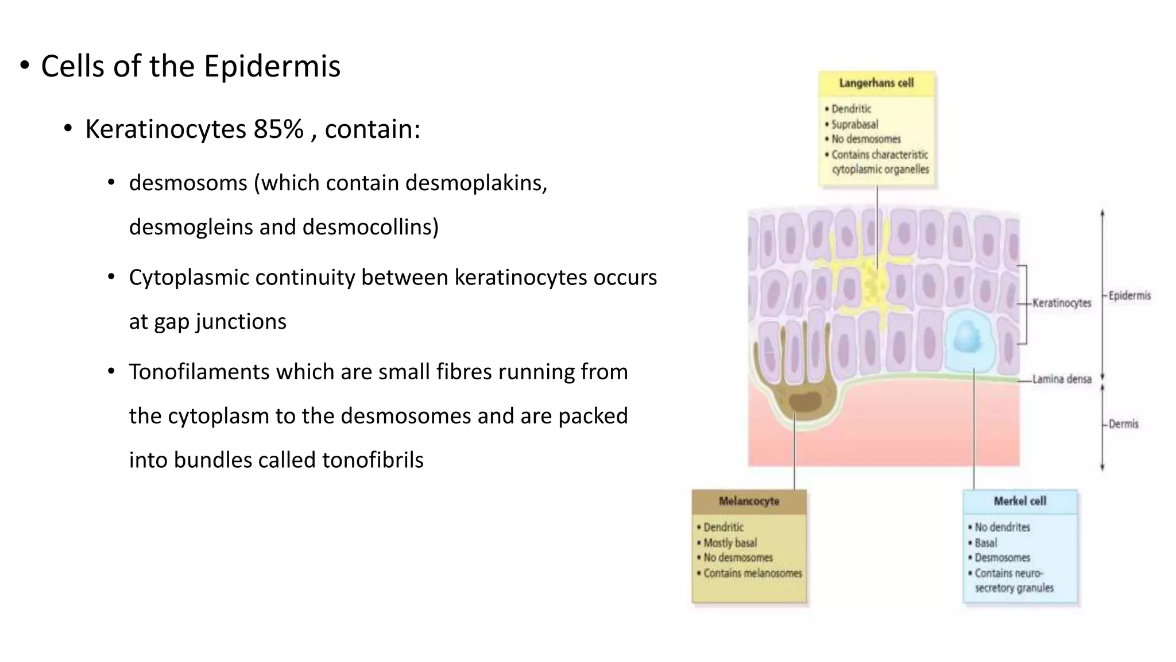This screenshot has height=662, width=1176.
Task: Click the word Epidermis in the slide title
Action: [x=272, y=67]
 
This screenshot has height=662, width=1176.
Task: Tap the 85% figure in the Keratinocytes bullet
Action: [x=278, y=129]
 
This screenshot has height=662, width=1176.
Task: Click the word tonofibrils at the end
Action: [x=373, y=460]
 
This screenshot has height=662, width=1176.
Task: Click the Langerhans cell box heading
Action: [x=876, y=83]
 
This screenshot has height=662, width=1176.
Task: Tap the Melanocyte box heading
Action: [x=749, y=501]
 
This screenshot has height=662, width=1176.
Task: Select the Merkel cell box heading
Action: [x=1020, y=501]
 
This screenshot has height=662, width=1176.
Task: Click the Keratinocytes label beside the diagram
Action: [x=1061, y=303]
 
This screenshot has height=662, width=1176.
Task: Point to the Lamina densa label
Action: [x=1061, y=379]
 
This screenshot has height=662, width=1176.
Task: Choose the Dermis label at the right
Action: [x=1123, y=424]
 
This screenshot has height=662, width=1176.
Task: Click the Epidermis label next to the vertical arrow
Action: [x=1129, y=296]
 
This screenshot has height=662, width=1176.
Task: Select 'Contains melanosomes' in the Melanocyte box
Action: [x=752, y=574]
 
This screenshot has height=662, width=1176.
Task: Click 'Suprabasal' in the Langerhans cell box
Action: [x=854, y=124]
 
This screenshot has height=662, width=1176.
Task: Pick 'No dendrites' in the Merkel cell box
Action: [x=1002, y=528]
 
